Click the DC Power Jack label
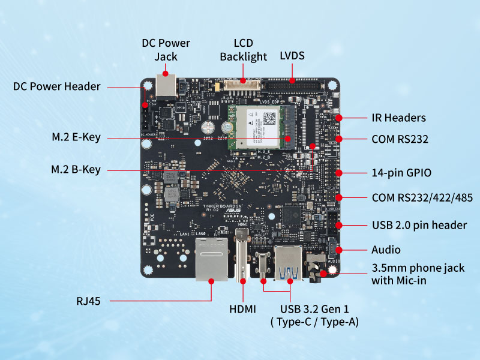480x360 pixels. pos(166,50)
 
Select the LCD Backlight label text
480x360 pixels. pos(243,50)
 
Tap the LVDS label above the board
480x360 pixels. pos(292,56)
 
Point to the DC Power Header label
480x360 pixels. pos(56,86)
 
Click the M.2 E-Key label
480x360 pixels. pos(76,138)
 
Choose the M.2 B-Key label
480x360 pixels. pos(76,170)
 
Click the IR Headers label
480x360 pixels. pos(398,118)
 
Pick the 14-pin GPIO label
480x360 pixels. pos(401,173)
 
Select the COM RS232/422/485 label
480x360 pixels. pos(420,197)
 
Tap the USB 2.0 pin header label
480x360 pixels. pos(419,225)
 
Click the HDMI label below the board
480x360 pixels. pos(242,309)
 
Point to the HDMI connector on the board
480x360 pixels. pos(242,255)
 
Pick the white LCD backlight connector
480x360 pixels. pos(242,86)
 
